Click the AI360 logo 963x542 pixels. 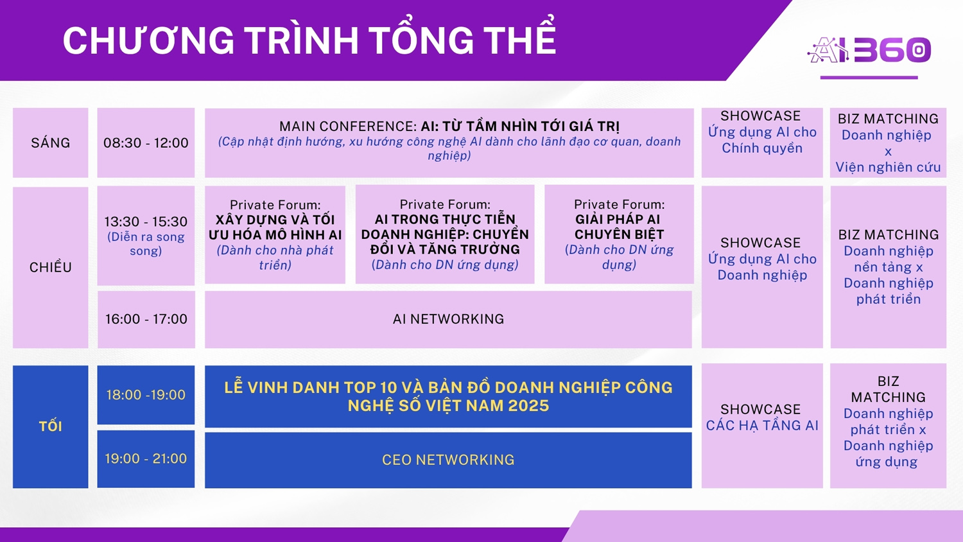(869, 50)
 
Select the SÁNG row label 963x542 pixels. (50, 143)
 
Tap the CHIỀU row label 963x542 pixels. (50, 267)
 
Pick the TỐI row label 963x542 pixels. (50, 426)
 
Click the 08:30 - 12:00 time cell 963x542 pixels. (146, 143)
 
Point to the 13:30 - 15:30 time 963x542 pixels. (146, 222)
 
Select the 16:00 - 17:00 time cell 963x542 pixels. (146, 319)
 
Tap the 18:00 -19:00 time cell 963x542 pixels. (146, 394)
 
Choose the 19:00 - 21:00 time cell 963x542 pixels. (146, 459)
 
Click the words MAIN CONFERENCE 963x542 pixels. (348, 126)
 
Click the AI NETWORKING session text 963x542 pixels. (448, 319)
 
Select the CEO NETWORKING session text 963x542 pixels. (448, 460)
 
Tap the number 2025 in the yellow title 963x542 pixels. (528, 406)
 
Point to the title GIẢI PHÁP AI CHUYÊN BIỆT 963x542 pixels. (619, 227)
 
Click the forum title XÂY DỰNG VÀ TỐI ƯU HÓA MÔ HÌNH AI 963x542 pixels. (275, 227)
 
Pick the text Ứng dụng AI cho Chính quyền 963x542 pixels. (762, 140)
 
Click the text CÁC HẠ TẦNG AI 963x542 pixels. (762, 425)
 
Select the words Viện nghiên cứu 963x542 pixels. (888, 167)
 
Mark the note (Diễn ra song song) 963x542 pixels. (146, 243)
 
